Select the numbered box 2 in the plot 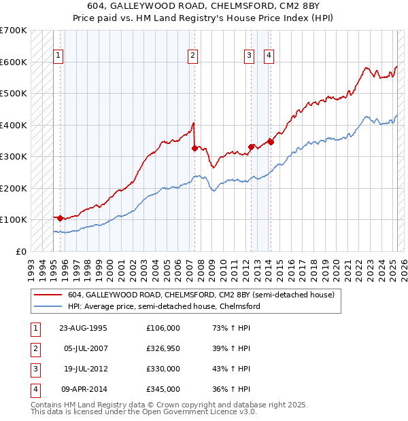click(x=193, y=56)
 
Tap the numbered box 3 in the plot click(x=250, y=56)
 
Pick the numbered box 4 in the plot click(x=269, y=56)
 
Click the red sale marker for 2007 click(x=194, y=147)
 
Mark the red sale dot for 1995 click(x=61, y=218)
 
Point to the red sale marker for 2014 click(x=271, y=142)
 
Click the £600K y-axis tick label click(x=14, y=62)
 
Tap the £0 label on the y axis click(x=20, y=251)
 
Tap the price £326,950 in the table click(x=163, y=349)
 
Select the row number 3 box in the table click(x=34, y=370)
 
